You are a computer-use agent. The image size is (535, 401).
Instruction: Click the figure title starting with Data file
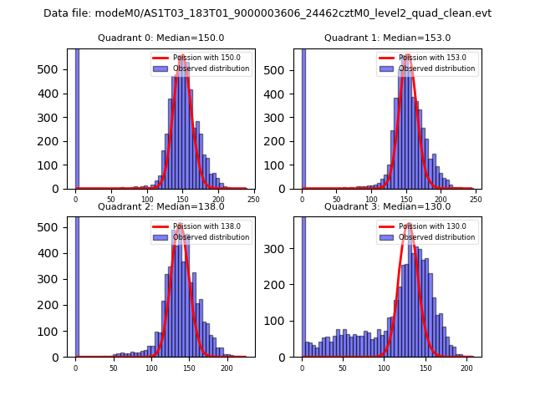point(267,13)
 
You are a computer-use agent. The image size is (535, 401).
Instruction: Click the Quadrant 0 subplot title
point(160,38)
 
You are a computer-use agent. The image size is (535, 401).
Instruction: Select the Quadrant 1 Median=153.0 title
point(387,38)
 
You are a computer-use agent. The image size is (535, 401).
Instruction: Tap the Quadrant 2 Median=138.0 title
point(160,206)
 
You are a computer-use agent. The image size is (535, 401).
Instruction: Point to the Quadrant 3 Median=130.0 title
point(387,206)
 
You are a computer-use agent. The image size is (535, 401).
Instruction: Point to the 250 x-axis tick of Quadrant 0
point(253,200)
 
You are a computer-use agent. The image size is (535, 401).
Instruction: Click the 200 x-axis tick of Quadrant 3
point(466,368)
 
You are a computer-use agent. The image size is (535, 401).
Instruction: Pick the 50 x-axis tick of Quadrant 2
point(114,368)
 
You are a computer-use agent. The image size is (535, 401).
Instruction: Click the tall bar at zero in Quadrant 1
point(303,117)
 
